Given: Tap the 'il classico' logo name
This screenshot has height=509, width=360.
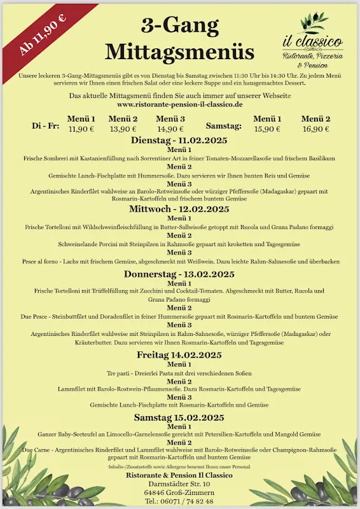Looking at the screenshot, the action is (x=313, y=41).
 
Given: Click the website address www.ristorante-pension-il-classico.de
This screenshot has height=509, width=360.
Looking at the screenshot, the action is (x=180, y=104).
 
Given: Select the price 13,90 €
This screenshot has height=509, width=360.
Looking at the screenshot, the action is (x=123, y=129).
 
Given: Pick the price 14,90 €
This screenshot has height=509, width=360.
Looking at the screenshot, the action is (x=170, y=129).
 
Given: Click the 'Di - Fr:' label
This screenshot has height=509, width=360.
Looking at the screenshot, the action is (x=46, y=125).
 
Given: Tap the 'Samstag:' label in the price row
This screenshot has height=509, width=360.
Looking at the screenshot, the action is (x=223, y=125).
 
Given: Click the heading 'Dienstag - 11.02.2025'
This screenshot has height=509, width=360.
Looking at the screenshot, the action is (x=179, y=140).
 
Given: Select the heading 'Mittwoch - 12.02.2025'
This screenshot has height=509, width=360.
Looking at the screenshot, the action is (x=179, y=209).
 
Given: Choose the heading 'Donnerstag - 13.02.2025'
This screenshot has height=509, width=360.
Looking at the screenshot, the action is (x=179, y=274).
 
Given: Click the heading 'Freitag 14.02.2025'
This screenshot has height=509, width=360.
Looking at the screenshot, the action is (x=179, y=354).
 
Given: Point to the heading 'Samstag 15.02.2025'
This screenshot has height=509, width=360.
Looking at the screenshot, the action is (x=179, y=417).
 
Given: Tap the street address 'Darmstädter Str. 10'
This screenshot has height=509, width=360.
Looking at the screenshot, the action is (x=179, y=484).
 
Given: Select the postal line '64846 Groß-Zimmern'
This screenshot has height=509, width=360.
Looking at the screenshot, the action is (x=179, y=492).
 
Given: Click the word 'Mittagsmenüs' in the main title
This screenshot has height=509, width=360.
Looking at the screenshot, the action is (x=179, y=51).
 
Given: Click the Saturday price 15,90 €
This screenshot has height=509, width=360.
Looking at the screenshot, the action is (x=267, y=129).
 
